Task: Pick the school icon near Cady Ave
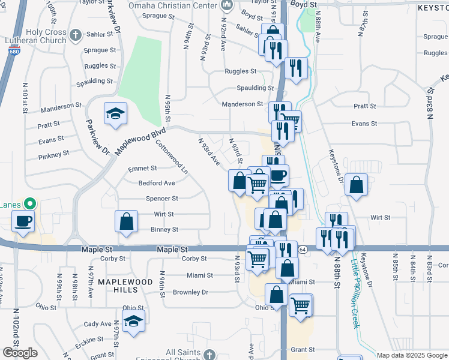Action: (134, 322)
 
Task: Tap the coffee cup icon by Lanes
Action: (24, 221)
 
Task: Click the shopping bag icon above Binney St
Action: (127, 221)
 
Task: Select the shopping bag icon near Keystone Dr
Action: (357, 186)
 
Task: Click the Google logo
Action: (20, 353)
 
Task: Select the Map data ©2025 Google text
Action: (412, 355)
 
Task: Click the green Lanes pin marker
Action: (29, 204)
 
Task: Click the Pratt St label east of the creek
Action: (364, 106)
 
